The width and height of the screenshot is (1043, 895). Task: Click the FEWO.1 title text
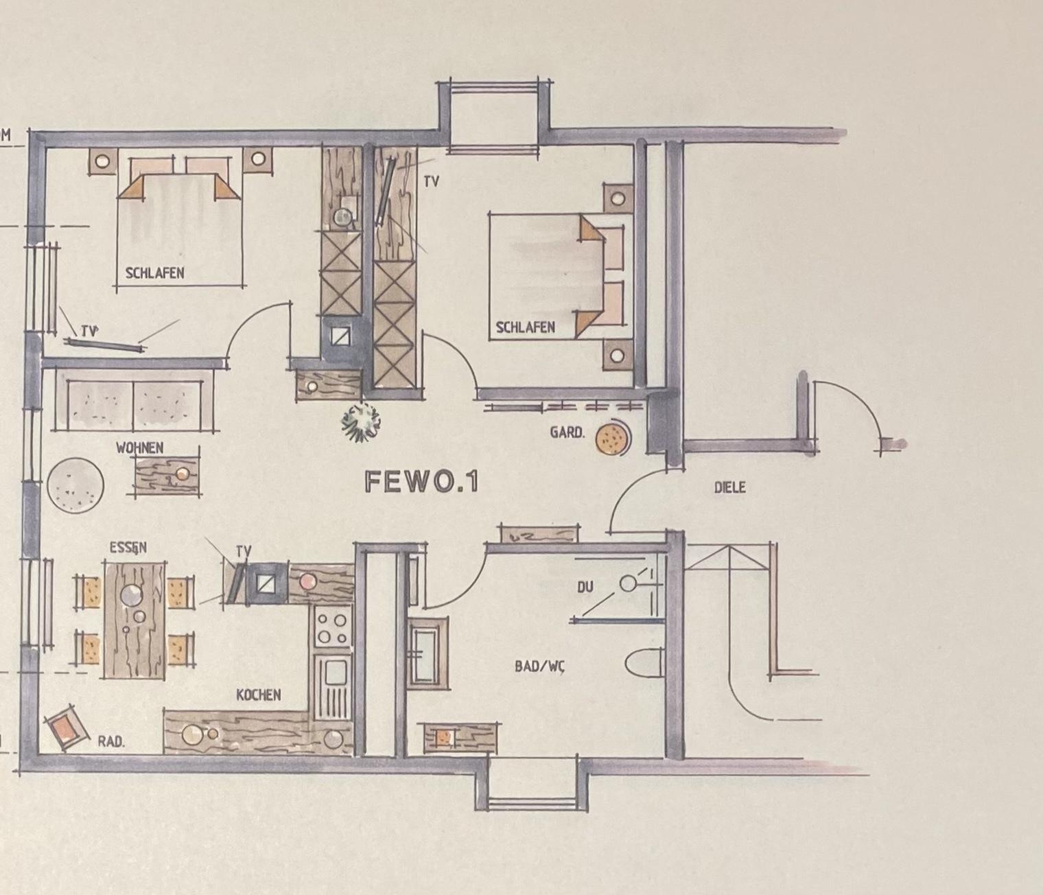click(421, 482)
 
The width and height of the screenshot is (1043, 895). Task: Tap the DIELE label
click(729, 487)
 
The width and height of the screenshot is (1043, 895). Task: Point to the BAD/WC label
click(539, 666)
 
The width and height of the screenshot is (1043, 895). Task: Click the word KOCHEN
click(259, 695)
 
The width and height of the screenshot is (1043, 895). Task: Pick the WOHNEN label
click(139, 447)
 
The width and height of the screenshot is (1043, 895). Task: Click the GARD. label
click(567, 432)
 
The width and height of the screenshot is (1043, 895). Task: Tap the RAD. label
click(111, 743)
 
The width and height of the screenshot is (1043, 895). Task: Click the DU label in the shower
click(585, 587)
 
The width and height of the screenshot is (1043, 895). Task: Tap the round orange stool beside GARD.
click(611, 439)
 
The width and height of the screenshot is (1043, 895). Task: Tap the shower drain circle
click(628, 584)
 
